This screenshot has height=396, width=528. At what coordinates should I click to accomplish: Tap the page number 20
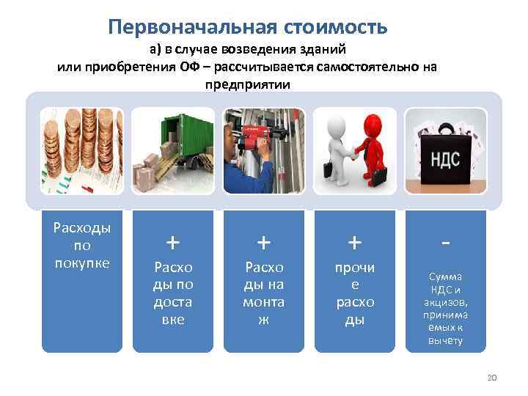492,377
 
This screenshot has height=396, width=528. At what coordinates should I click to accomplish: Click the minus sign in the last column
446,240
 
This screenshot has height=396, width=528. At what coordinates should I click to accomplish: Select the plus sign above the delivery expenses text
172,241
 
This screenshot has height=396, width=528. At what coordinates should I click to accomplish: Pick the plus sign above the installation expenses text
264,241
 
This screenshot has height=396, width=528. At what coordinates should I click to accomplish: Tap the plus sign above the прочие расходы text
355,241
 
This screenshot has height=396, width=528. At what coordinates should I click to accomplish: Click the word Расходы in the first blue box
81,228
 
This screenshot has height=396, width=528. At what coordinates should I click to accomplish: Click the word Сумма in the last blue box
446,276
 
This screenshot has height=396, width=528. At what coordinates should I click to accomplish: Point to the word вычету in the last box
446,341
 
